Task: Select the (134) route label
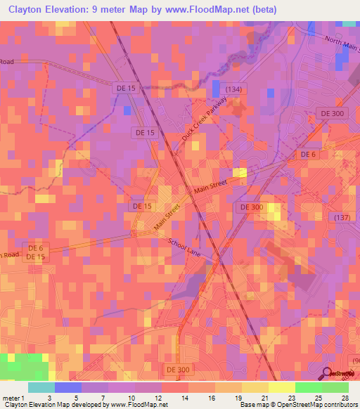click(234, 88)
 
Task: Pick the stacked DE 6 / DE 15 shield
click(37, 253)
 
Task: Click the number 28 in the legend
click(345, 397)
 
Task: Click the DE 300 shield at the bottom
click(179, 368)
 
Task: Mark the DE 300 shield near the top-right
click(333, 113)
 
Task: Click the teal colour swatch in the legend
click(41, 387)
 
